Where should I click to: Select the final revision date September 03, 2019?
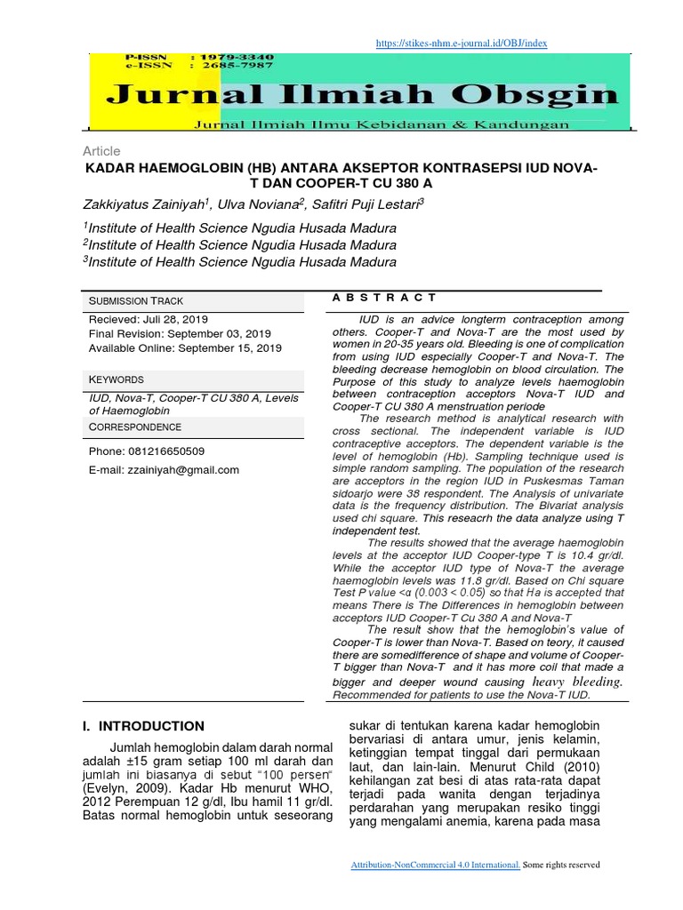[x=214, y=333]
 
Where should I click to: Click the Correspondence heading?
[x=135, y=427]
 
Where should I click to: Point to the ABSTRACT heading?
[x=384, y=298]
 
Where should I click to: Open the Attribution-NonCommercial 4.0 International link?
[x=436, y=865]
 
